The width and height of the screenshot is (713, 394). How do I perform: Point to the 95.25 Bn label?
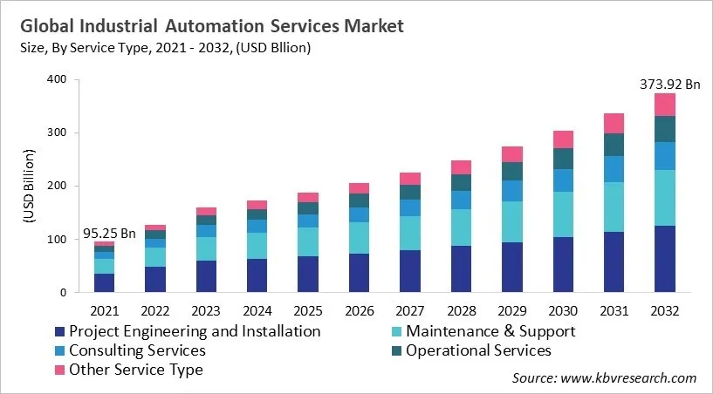109,234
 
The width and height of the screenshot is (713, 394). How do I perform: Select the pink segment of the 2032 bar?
665,105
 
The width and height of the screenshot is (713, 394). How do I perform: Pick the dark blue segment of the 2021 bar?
105,282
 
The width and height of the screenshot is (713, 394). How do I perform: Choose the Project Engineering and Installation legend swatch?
58,332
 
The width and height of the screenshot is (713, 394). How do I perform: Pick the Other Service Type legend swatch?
58,370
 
